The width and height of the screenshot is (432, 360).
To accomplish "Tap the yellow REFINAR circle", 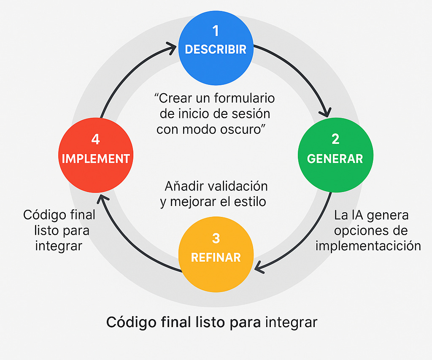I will pos(216,254).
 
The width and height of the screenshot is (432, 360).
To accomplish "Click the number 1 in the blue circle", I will pos(216,31).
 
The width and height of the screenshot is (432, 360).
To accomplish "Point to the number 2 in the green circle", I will pos(335,139).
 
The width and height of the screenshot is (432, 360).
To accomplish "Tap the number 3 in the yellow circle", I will pos(216,238).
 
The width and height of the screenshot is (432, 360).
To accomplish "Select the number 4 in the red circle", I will pos(95,139).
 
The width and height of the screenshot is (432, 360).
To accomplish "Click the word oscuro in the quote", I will pos(243,129).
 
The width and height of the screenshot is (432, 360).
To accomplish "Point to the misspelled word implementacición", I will pos(368,246).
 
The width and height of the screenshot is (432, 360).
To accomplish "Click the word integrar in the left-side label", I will pos(58,246).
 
